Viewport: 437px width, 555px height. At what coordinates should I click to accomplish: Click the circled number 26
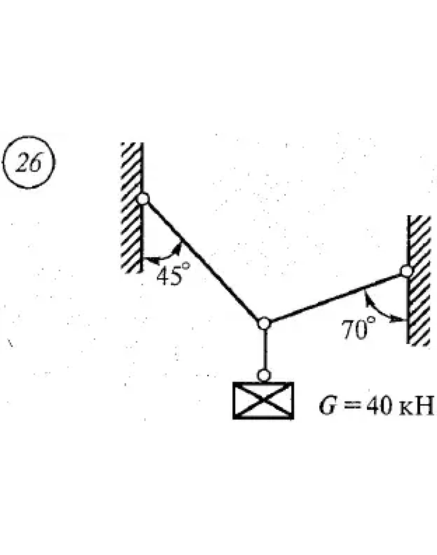pos(29,163)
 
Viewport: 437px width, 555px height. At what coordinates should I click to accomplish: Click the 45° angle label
pos(170,276)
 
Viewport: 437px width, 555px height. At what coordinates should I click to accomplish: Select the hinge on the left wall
pos(143,198)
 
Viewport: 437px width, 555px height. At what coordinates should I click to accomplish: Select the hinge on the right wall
pos(407,271)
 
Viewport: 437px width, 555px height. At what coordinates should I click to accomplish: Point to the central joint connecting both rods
pos(263,323)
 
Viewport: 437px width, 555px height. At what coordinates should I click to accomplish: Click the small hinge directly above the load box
pos(263,374)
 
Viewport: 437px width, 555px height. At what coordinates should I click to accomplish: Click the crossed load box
pos(263,400)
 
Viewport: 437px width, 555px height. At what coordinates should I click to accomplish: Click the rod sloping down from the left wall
pos(202,259)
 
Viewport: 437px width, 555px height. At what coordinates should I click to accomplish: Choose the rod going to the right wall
pos(336,296)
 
